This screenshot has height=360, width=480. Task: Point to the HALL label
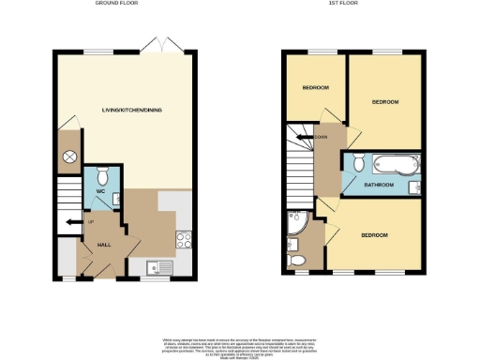coord(105,246)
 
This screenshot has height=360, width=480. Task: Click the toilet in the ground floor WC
coord(103,175)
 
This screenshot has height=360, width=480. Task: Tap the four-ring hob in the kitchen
coord(183,238)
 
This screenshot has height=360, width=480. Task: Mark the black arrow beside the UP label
coord(71,222)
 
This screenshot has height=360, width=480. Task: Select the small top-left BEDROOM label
coord(315,88)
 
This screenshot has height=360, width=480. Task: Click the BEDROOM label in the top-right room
coord(385,101)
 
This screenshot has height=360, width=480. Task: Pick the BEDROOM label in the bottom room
coord(374,234)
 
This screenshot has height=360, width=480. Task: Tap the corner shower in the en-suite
coord(297,226)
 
